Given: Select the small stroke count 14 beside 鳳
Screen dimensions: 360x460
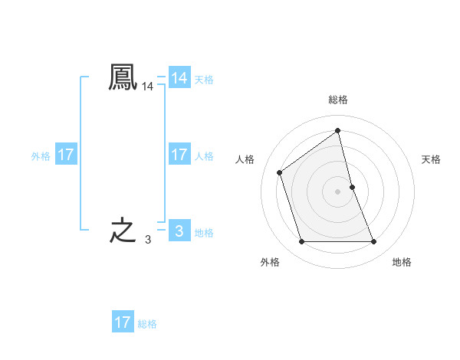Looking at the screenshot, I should coord(147,88).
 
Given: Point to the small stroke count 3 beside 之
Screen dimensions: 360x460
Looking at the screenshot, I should coord(147,240).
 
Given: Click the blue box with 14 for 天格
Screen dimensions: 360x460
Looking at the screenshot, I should coord(179,78).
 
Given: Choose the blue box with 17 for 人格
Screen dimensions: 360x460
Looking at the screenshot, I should coord(179,155).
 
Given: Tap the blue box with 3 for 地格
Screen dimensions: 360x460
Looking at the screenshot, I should coord(179,231).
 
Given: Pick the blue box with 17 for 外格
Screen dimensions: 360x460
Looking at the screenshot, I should coord(65,155).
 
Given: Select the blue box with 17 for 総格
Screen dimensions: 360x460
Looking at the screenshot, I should coord(123,322).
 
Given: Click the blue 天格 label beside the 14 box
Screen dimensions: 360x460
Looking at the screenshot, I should coord(204,80).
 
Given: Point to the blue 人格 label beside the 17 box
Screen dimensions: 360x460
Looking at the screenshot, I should coord(204,156).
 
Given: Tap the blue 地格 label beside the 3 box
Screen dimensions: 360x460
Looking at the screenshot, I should coord(204,233).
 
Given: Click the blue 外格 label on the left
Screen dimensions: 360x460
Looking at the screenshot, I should coord(41,156).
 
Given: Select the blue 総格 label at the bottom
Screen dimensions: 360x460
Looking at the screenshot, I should coord(147,324).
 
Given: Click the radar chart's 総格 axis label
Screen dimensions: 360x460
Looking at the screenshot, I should coord(338,100).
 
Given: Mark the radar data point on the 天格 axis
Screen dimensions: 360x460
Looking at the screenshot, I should coord(352,187).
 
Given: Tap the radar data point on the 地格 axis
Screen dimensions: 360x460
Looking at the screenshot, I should coord(374,242).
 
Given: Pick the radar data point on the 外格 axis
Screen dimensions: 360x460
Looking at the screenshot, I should coord(301,242).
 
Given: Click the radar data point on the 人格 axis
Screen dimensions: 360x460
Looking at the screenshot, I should coord(279,172).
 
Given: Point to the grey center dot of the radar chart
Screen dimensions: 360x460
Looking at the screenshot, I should coord(338,191).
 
